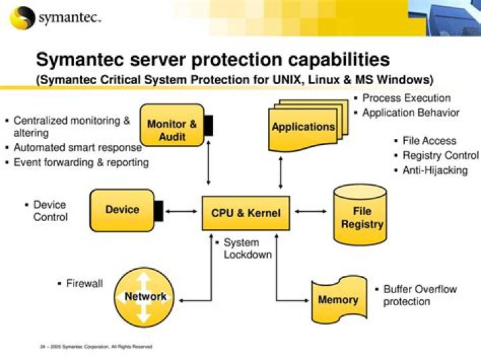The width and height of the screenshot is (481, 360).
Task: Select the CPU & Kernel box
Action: coord(246,214)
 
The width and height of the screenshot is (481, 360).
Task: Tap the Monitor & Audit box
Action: coord(172,130)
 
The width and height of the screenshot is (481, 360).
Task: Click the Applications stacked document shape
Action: coord(303,126)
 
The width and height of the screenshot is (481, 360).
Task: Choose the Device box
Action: coord(122,210)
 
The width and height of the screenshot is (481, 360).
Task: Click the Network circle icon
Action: coord(145,296)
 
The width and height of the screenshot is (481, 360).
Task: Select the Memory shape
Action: coord(337,300)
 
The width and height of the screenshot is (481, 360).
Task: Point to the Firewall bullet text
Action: coord(84,283)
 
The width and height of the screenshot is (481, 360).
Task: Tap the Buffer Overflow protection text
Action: coord(419,295)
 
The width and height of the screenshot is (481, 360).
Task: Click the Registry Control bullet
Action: coord(440,156)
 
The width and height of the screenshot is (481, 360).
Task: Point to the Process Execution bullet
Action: coord(406,98)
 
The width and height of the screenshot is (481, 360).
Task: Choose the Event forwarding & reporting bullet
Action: coord(81,162)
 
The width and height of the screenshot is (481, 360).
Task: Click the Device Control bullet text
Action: coord(50,210)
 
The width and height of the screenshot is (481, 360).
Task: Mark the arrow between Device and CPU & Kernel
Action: coord(180,212)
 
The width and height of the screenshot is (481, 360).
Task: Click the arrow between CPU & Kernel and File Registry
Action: coord(311,212)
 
